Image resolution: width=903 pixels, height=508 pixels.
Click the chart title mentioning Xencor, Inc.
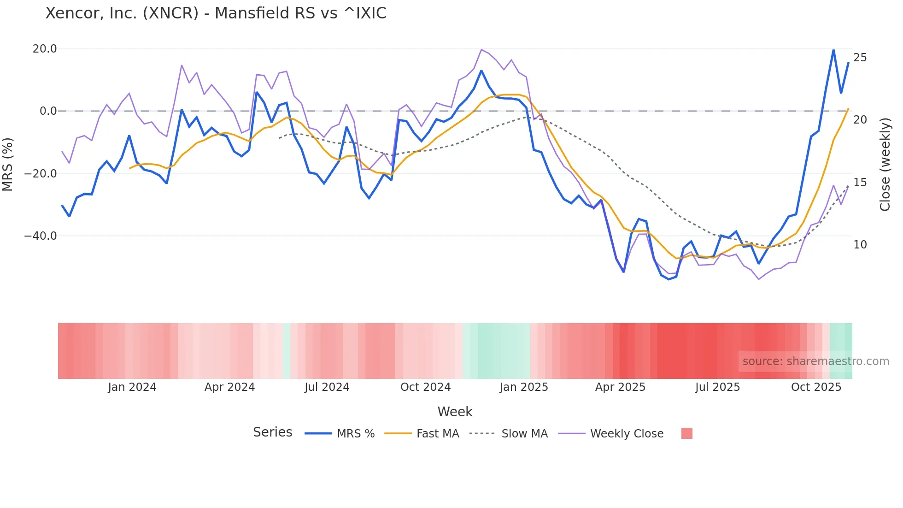pyautogui.click(x=216, y=13)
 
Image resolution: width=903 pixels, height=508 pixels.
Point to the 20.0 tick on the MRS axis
pyautogui.click(x=45, y=49)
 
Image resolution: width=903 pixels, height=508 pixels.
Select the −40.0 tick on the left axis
pyautogui.click(x=41, y=236)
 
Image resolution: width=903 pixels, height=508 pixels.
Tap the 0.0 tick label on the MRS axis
pyautogui.click(x=48, y=111)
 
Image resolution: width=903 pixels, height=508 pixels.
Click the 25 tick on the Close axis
pyautogui.click(x=860, y=58)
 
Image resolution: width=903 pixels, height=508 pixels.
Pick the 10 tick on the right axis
pyautogui.click(x=860, y=245)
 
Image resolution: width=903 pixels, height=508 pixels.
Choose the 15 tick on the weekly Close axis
pyautogui.click(x=860, y=183)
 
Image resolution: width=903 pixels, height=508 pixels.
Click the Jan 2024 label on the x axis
pyautogui.click(x=132, y=387)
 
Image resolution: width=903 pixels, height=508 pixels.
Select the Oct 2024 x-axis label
pyautogui.click(x=425, y=387)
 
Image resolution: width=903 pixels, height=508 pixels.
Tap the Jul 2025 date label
pyautogui.click(x=717, y=387)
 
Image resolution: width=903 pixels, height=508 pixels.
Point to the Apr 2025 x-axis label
pyautogui.click(x=620, y=387)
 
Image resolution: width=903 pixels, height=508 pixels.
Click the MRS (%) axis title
pyautogui.click(x=8, y=164)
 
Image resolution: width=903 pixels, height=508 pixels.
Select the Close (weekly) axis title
pyautogui.click(x=885, y=165)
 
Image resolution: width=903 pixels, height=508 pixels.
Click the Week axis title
pyautogui.click(x=455, y=412)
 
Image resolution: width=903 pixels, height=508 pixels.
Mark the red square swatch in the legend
pyautogui.click(x=686, y=433)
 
